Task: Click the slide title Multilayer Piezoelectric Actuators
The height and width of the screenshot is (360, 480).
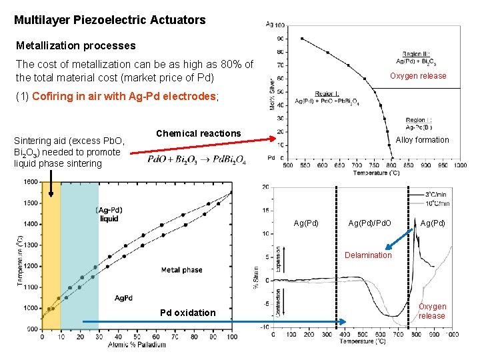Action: point(110,20)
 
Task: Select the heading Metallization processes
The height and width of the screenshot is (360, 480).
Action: point(75,46)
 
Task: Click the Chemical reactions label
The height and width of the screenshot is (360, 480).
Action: point(198,133)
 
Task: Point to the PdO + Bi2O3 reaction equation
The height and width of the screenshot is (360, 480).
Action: point(197,161)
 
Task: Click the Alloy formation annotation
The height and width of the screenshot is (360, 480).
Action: point(422,140)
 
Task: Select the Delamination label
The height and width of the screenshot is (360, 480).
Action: point(368,255)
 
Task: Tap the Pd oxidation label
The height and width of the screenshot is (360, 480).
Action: point(187,313)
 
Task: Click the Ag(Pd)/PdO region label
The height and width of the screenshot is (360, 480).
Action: point(369,223)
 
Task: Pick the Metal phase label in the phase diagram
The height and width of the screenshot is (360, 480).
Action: point(182,270)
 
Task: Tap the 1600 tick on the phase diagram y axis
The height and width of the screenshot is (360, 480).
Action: point(30,182)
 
